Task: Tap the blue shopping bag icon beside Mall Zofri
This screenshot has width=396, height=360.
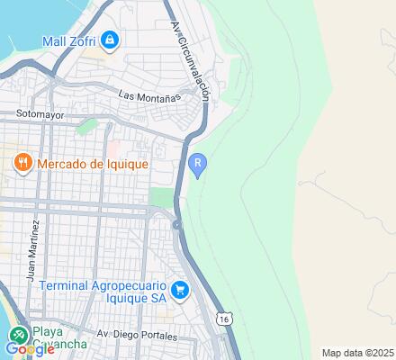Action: tap(110, 40)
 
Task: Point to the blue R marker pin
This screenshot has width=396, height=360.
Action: tap(199, 164)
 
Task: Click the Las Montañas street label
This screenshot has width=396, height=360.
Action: tap(149, 94)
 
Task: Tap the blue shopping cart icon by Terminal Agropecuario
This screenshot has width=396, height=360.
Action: tap(181, 290)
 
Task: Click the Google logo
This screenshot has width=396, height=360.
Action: tap(29, 349)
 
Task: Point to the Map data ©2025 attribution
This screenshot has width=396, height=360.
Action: tap(358, 352)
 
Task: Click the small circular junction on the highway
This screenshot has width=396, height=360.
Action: tap(177, 223)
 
